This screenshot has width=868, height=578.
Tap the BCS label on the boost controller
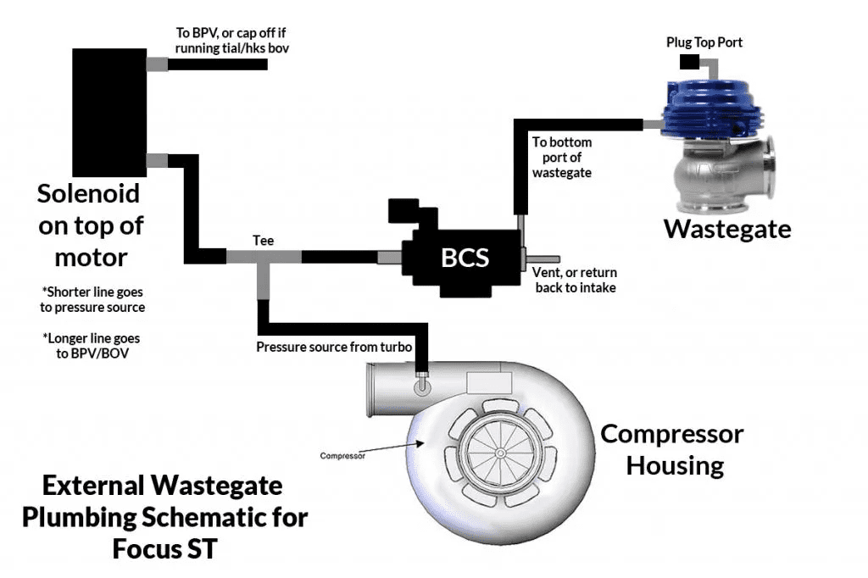click(x=465, y=257)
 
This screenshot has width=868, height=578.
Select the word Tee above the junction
click(x=263, y=241)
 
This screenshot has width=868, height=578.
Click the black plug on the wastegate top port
click(x=688, y=62)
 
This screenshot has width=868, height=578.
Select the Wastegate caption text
click(x=727, y=229)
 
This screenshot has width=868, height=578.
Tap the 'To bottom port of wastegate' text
click(x=561, y=157)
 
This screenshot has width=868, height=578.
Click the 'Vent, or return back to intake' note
click(x=574, y=281)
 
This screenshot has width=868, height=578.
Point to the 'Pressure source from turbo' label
click(x=334, y=347)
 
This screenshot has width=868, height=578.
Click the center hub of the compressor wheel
click(x=500, y=453)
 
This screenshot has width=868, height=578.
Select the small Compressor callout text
click(x=342, y=456)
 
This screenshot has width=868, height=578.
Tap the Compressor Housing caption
click(x=671, y=449)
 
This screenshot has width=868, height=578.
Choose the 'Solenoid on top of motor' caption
click(x=90, y=225)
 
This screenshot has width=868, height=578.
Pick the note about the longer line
click(x=93, y=345)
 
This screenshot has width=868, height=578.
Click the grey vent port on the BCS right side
click(x=542, y=258)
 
